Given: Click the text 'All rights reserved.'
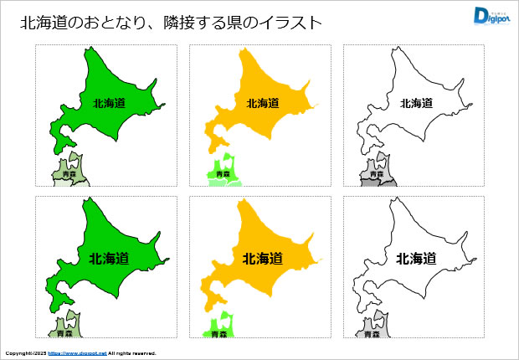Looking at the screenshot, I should [132, 353].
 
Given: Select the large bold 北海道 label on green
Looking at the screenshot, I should [109, 259].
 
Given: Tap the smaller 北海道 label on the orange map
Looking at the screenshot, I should [263, 104].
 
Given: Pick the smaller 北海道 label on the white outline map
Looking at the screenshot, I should [416, 104].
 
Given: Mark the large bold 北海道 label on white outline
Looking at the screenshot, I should [416, 259].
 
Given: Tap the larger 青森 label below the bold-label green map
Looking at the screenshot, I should [64, 333].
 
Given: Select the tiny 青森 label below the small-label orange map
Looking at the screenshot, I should [221, 174].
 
